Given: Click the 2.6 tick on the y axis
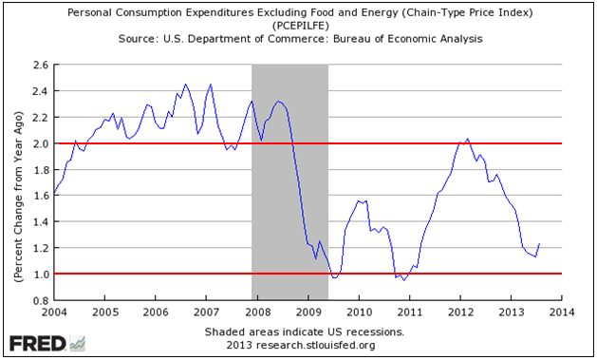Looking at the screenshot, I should [40, 66].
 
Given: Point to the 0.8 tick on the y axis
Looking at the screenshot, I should [40, 300].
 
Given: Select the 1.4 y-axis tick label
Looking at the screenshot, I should [40, 222].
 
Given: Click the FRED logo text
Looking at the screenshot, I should [36, 343].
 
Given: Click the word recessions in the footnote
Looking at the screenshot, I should [370, 332].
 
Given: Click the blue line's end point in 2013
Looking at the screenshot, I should [539, 244].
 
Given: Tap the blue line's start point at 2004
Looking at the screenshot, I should [54, 193].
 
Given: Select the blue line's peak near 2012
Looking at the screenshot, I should [467, 139].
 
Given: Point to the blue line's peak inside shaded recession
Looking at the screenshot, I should [278, 101].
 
